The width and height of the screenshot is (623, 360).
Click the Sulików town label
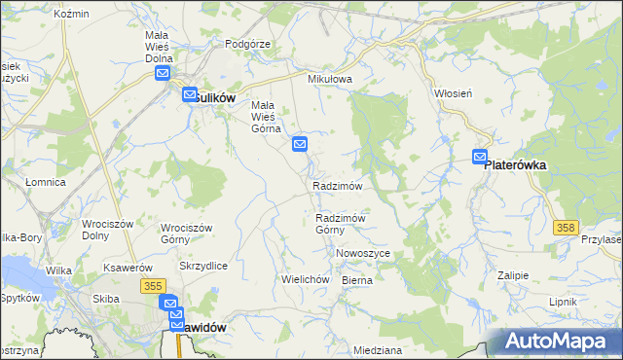[211, 97]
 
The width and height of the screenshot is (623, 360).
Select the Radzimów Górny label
[340, 224]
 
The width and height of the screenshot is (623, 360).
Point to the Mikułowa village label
[328, 79]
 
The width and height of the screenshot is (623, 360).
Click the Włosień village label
[453, 93]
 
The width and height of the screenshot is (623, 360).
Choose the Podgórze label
[246, 44]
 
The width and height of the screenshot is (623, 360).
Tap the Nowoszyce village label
[363, 253]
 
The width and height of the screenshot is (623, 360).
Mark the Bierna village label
[357, 279]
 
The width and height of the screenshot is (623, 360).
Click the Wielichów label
[302, 279]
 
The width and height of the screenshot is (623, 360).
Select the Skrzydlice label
[203, 266]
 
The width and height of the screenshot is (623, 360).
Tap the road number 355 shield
[151, 285]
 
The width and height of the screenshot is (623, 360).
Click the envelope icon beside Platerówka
[481, 156]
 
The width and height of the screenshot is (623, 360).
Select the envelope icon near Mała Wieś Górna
[301, 145]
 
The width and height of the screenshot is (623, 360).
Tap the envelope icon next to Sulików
[164, 72]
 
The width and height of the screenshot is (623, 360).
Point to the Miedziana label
[379, 349]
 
